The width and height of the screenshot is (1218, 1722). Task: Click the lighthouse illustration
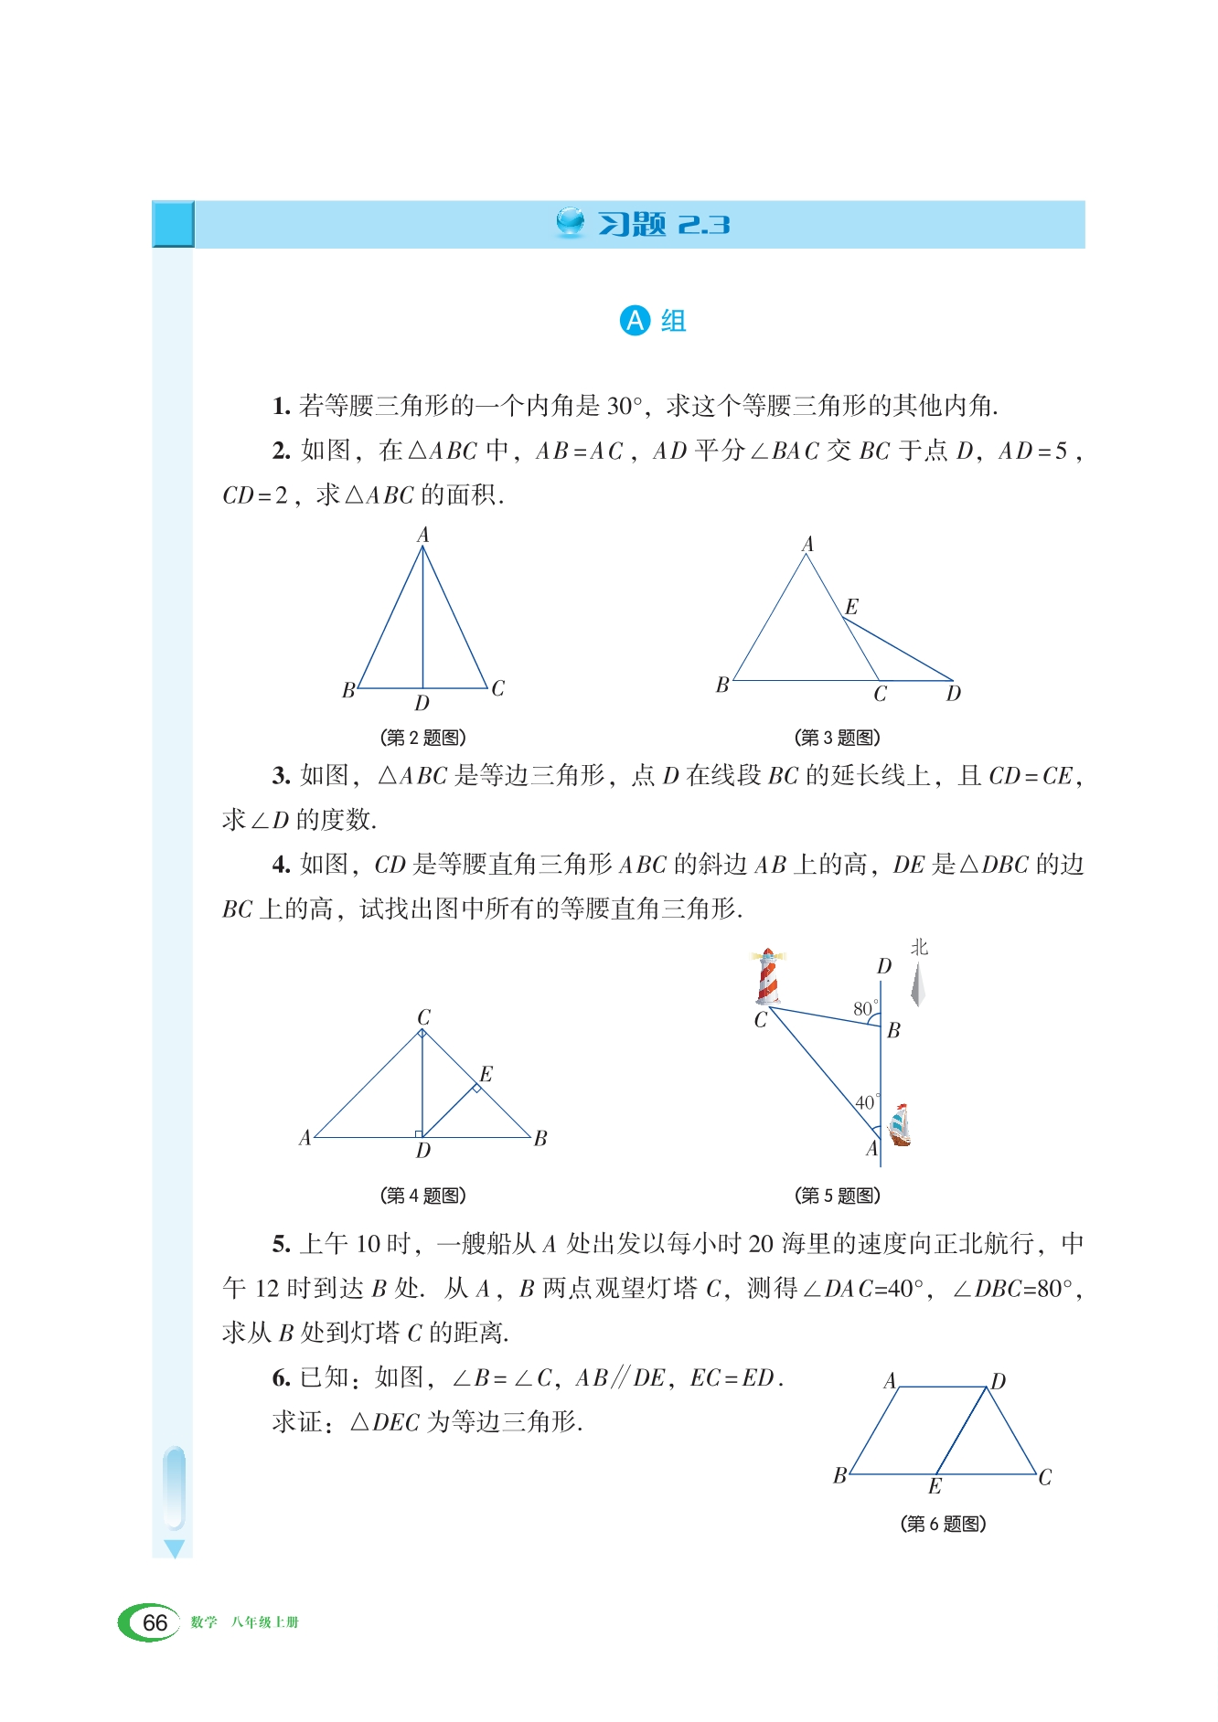coord(768,976)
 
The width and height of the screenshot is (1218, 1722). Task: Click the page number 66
coord(155,1622)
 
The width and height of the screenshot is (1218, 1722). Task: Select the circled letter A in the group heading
coord(635,321)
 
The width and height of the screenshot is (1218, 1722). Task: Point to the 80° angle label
coord(864,1008)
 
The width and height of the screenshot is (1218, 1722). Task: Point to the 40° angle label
coord(866,1102)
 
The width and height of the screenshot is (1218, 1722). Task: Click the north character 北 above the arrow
coord(919,948)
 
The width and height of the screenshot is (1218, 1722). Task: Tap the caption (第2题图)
coord(422,738)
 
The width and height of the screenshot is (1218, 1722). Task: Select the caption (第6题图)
coord(943,1524)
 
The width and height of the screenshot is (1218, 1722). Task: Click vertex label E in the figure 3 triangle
coord(851,607)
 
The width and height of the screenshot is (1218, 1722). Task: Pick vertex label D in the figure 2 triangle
coord(422,704)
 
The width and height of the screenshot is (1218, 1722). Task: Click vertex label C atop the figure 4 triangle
coord(423,1017)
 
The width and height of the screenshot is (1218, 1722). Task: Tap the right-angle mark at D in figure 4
coord(419,1133)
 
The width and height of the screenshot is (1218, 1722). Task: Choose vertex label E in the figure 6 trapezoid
coord(935,1487)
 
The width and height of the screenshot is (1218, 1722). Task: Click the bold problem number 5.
coord(281,1244)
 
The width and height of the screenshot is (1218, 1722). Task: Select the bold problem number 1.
coord(281,406)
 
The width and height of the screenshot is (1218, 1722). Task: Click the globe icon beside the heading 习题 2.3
coord(571,222)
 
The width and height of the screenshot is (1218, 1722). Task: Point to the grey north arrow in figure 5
coord(919,985)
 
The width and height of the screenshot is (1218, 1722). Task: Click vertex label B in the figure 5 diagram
coord(894,1030)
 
